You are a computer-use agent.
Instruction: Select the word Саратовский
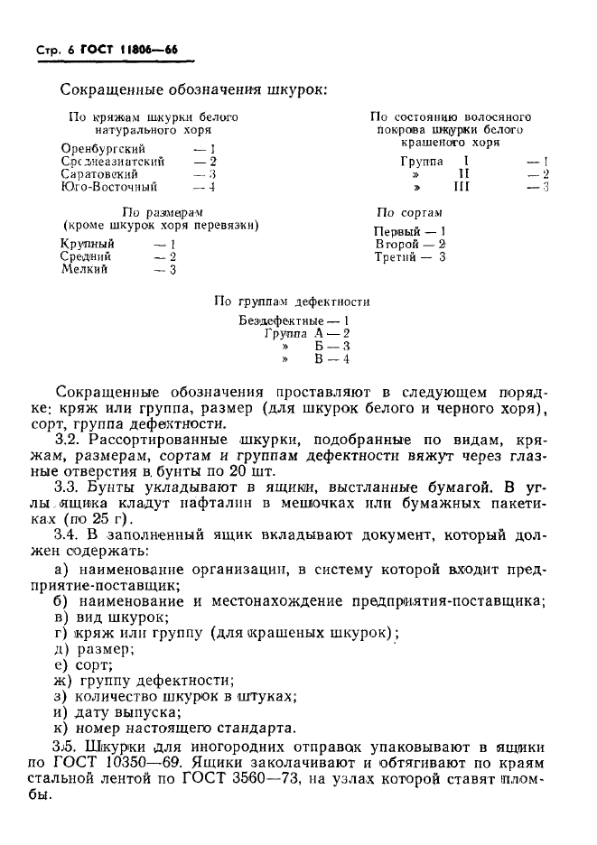(101, 173)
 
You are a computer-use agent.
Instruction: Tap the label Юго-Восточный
(109, 187)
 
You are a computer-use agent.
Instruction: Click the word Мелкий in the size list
(84, 269)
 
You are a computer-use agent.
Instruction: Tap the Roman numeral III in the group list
(462, 187)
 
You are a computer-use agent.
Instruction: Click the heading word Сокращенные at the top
(112, 89)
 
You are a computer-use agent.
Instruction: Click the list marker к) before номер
(61, 729)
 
